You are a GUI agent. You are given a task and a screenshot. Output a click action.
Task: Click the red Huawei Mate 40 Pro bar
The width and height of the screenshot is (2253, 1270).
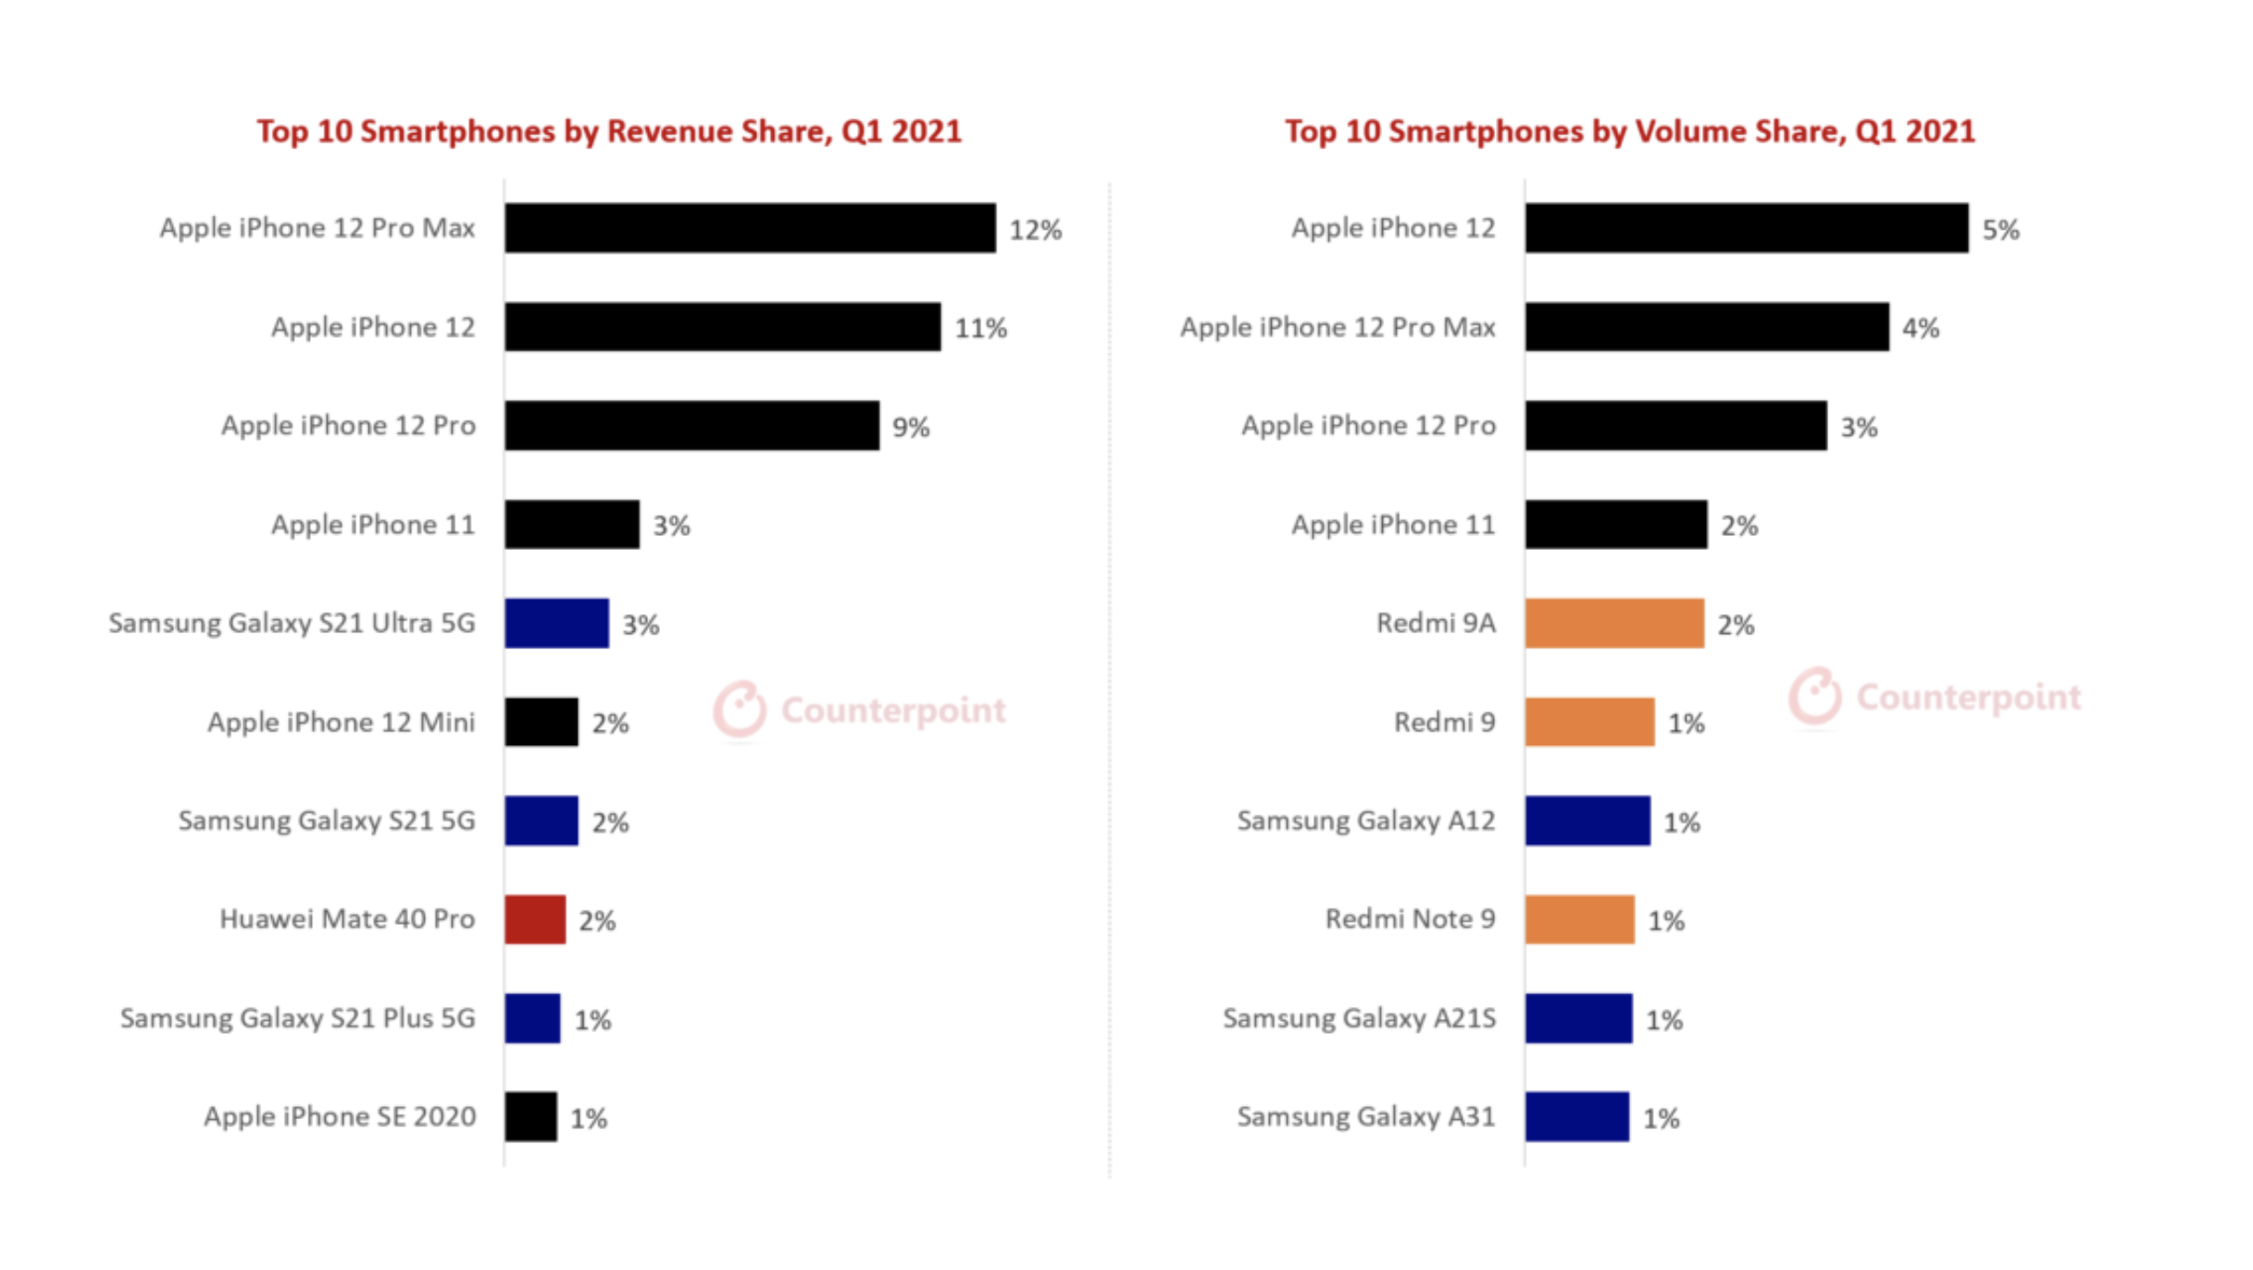(535, 919)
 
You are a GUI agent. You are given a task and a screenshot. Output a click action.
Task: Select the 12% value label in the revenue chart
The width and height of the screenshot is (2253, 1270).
(1035, 230)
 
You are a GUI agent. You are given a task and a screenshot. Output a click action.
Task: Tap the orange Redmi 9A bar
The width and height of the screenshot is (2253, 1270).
(1614, 623)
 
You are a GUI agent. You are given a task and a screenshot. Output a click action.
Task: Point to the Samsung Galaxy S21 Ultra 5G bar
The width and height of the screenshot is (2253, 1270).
(556, 623)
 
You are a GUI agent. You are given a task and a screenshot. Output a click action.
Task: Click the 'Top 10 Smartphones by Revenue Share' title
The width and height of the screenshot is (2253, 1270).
(609, 131)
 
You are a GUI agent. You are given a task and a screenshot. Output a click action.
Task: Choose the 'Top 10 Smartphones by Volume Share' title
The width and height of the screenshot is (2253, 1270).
(1629, 131)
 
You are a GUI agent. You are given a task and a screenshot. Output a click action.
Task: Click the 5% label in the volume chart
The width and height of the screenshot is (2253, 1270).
(2000, 230)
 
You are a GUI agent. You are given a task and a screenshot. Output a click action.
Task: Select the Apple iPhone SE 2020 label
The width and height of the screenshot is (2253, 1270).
(340, 1116)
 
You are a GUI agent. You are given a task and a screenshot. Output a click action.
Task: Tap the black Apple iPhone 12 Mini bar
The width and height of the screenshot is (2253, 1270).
(541, 722)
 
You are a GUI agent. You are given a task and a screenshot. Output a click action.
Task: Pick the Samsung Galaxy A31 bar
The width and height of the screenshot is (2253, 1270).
(1576, 1116)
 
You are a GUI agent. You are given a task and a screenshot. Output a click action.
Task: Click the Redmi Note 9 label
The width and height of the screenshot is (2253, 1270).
(1410, 919)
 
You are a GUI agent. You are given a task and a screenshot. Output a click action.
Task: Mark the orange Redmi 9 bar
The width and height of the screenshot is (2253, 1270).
(1589, 722)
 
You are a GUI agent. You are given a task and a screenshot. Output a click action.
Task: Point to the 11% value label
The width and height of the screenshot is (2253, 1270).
(980, 329)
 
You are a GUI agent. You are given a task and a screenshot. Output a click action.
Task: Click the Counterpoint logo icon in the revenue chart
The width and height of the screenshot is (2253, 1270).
(740, 710)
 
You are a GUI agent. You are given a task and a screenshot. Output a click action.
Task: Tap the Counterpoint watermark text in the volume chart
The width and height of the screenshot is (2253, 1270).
(1968, 697)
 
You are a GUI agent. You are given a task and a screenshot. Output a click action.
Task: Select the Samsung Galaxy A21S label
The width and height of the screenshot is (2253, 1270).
(1359, 1018)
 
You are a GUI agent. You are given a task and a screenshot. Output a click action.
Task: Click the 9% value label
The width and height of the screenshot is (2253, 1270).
(911, 427)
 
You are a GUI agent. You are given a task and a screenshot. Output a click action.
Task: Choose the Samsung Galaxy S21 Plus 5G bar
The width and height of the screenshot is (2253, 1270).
(532, 1018)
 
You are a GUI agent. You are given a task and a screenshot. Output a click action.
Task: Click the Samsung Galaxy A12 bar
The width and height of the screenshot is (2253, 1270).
(1587, 820)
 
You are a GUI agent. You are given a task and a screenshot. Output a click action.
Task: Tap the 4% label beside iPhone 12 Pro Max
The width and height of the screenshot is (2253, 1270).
(1921, 329)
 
